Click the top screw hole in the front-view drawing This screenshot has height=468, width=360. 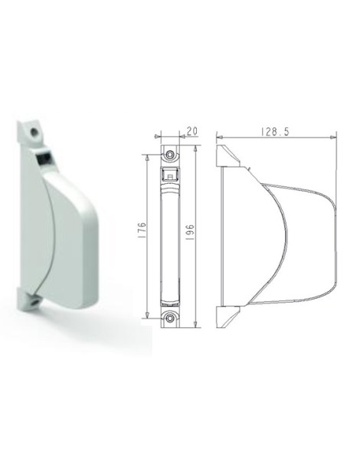(169, 156)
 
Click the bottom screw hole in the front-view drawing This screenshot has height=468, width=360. (169, 316)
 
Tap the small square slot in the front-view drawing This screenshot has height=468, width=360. (169, 176)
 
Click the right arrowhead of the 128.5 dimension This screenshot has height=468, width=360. (334, 138)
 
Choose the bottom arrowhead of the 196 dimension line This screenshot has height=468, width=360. (198, 326)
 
